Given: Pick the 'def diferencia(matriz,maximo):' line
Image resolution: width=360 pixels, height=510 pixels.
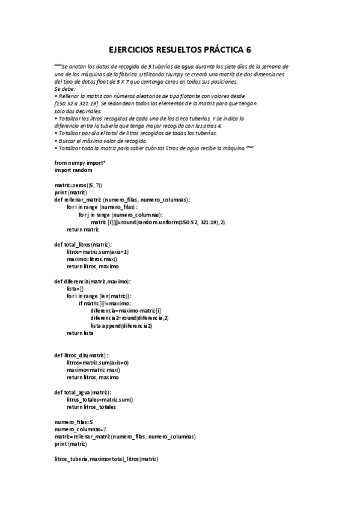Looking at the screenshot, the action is click(x=93, y=281).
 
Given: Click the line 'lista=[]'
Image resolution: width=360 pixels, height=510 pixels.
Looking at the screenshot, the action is click(x=76, y=289).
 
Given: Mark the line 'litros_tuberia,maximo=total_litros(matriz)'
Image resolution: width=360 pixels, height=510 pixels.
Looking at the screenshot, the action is click(x=106, y=459).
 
